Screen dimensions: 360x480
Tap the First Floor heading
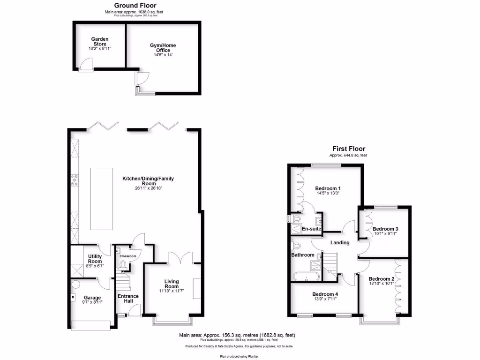pos(349,149)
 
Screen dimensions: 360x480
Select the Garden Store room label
pos(99,42)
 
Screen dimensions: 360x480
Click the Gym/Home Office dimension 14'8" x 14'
pos(163,55)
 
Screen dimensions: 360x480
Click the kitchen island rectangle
pos(101,198)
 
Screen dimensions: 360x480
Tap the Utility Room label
pos(95,259)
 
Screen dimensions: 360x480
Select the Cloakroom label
pos(128,256)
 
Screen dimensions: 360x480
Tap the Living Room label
pos(172,284)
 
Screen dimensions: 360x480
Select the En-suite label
pos(311,229)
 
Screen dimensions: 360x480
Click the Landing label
pos(340,242)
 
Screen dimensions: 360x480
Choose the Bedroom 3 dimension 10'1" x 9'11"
pos(385,234)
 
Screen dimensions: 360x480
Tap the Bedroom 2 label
pos(381,279)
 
